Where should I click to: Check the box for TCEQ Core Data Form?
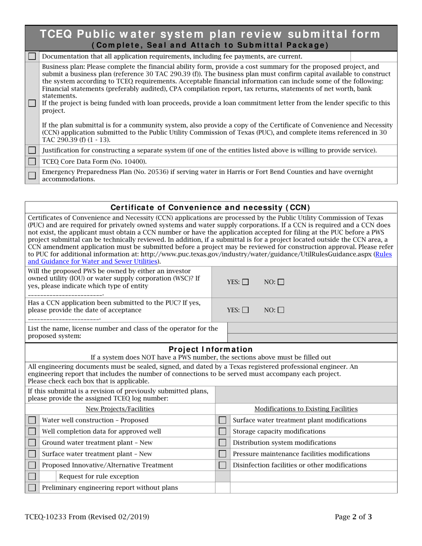pos(32,161)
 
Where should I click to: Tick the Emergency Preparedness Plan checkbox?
pos(32,175)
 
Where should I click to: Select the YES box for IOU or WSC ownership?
pos(246,282)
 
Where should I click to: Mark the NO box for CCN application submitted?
pos(280,310)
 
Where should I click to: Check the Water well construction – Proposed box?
pos(32,420)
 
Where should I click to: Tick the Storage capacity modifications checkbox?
pos(223,431)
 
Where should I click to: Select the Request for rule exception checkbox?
pos(32,476)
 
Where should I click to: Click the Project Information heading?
pos(211,349)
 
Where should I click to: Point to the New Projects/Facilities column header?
pos(119,409)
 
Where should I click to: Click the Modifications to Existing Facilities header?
pos(306,409)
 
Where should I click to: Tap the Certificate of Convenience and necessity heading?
pos(210,207)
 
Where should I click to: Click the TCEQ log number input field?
pos(306,394)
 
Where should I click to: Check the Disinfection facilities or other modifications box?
pos(223,465)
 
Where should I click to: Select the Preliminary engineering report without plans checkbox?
pos(32,487)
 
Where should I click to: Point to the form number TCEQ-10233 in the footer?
pos(87,516)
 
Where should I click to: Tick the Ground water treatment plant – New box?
pos(32,443)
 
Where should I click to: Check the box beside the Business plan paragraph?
pos(32,103)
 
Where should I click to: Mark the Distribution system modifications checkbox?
pos(223,443)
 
